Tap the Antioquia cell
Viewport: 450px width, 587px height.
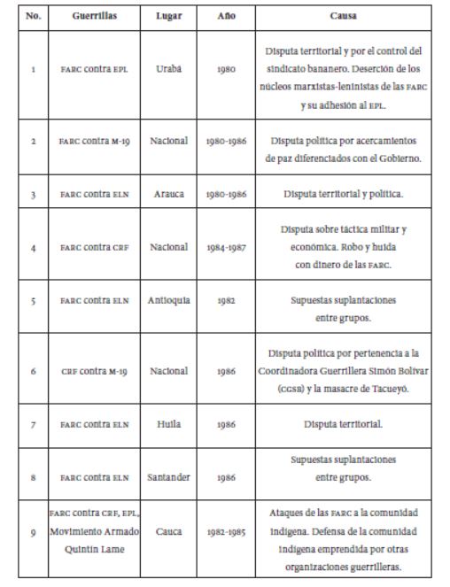click(167, 301)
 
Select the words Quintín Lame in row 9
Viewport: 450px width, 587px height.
click(92, 547)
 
